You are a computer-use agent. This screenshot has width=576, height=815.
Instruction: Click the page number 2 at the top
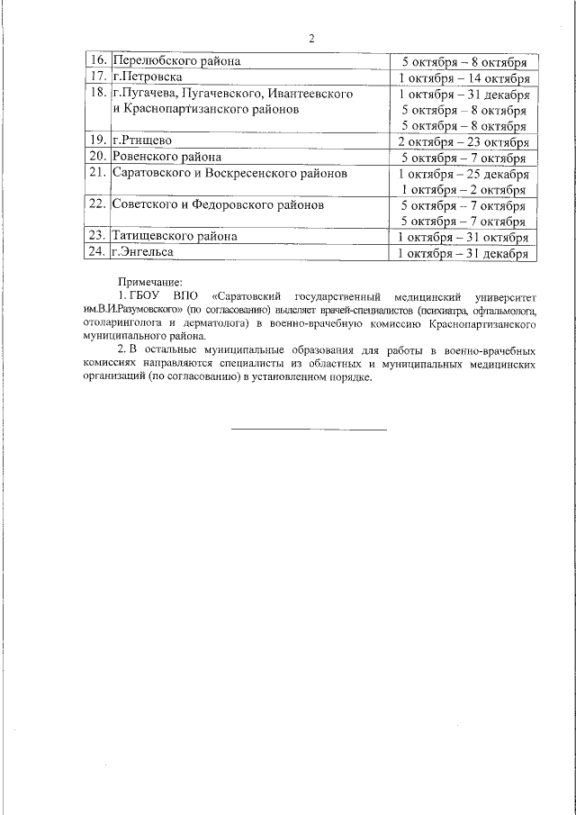(x=311, y=39)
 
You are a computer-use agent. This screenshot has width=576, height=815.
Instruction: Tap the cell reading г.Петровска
(x=148, y=77)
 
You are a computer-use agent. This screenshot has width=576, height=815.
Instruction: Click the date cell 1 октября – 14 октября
(x=463, y=77)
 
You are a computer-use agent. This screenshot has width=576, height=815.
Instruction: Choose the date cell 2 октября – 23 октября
(x=463, y=140)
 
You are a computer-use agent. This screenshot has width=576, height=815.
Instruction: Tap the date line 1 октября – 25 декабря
(x=463, y=173)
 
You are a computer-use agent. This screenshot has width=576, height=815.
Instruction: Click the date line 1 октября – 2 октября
(x=463, y=189)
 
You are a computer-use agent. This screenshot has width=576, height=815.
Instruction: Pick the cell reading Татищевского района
(x=175, y=237)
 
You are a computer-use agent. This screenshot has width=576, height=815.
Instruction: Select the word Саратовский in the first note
(x=248, y=296)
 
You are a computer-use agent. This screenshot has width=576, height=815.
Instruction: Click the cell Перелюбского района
(x=176, y=61)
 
